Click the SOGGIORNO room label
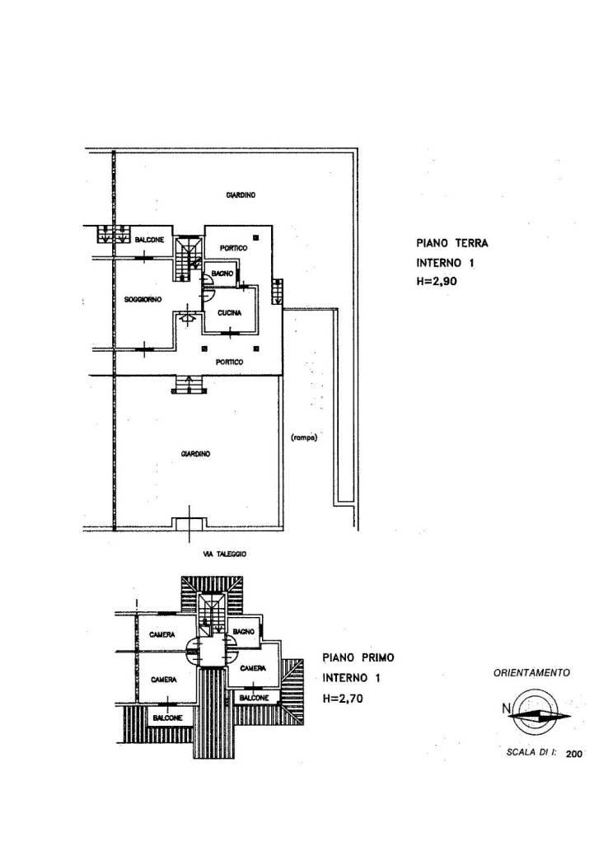[x=143, y=300]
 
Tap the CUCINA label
[x=230, y=313]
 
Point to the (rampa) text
[x=303, y=438]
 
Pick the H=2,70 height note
[x=344, y=699]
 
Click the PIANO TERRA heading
[x=451, y=243]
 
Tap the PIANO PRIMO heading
[x=358, y=657]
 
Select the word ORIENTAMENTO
[x=532, y=673]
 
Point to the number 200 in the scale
[x=573, y=755]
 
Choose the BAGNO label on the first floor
[x=243, y=632]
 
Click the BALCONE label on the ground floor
[x=149, y=240]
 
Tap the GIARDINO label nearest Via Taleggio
[x=195, y=454]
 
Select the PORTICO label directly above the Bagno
[x=233, y=248]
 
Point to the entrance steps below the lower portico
[x=189, y=385]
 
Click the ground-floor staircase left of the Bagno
[x=188, y=258]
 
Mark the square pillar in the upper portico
[x=256, y=238]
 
